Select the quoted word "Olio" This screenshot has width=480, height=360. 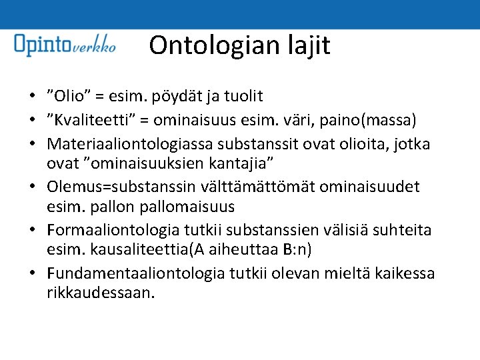70,97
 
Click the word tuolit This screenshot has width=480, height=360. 241,97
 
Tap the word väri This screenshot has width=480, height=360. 328,121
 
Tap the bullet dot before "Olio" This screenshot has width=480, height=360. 33,97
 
